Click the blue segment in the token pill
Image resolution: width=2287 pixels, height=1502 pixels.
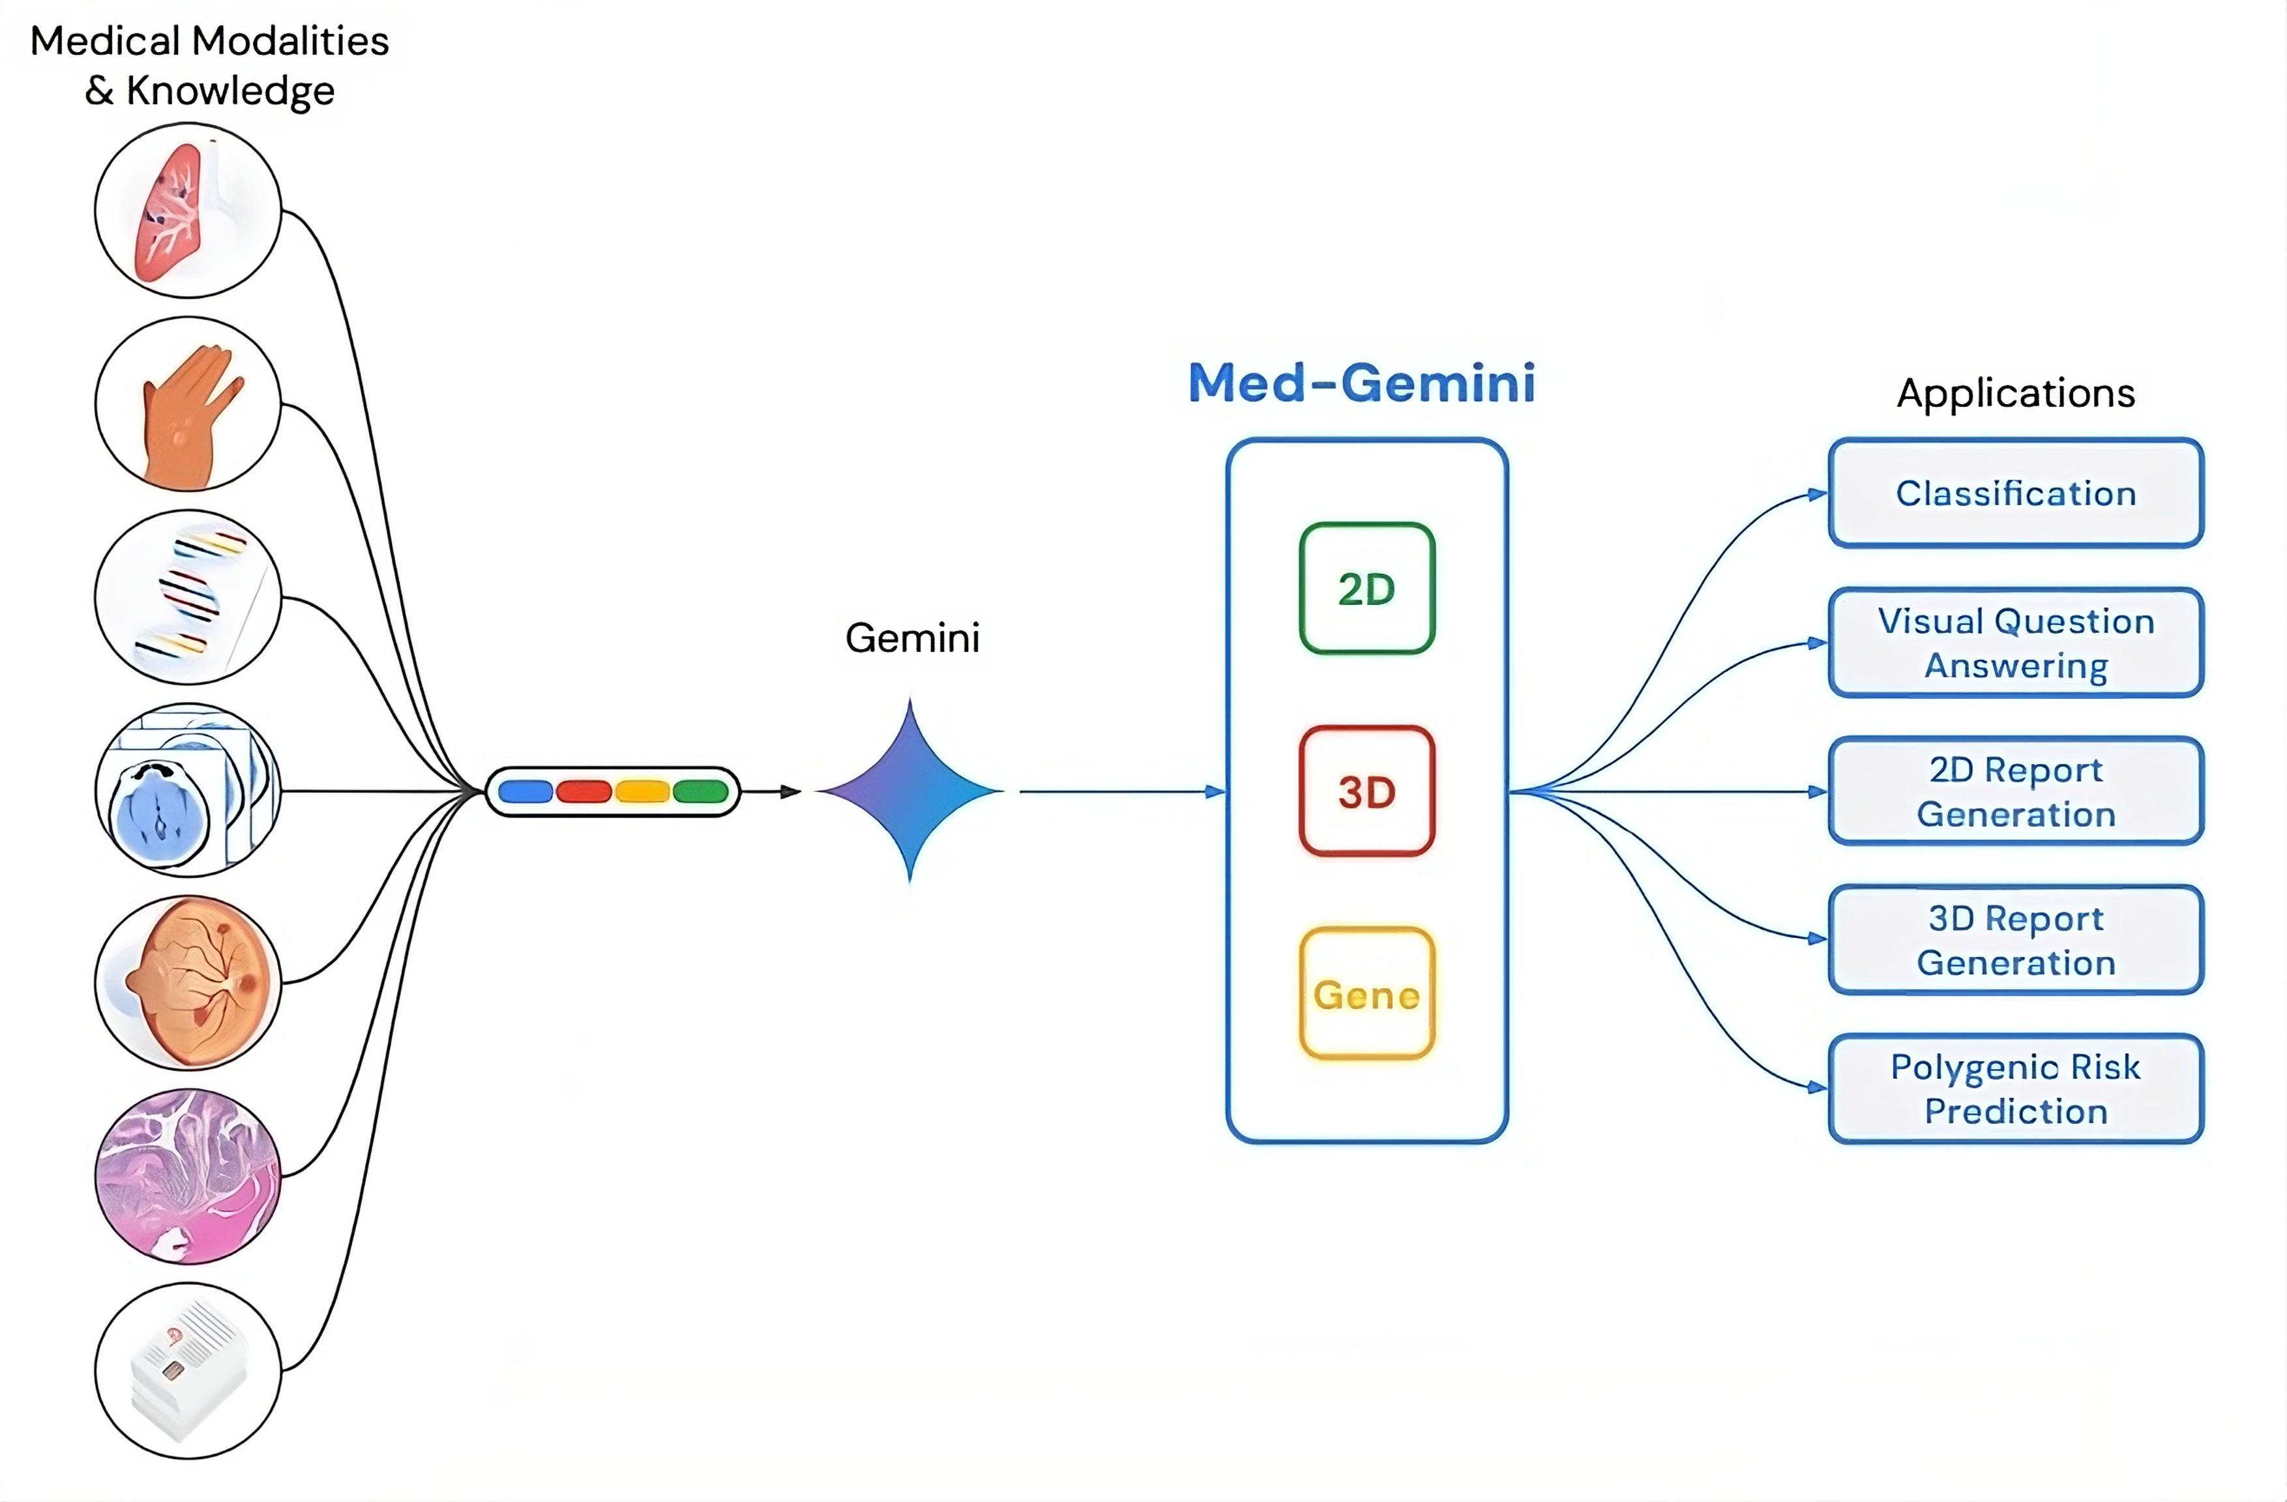(525, 792)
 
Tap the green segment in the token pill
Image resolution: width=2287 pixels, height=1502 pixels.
(701, 792)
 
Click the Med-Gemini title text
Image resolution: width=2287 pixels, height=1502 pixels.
(1362, 383)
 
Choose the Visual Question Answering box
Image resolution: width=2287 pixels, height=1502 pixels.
(2015, 643)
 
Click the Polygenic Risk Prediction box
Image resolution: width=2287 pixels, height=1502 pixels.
(2015, 1089)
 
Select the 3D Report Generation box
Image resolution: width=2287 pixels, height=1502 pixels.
(2015, 940)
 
